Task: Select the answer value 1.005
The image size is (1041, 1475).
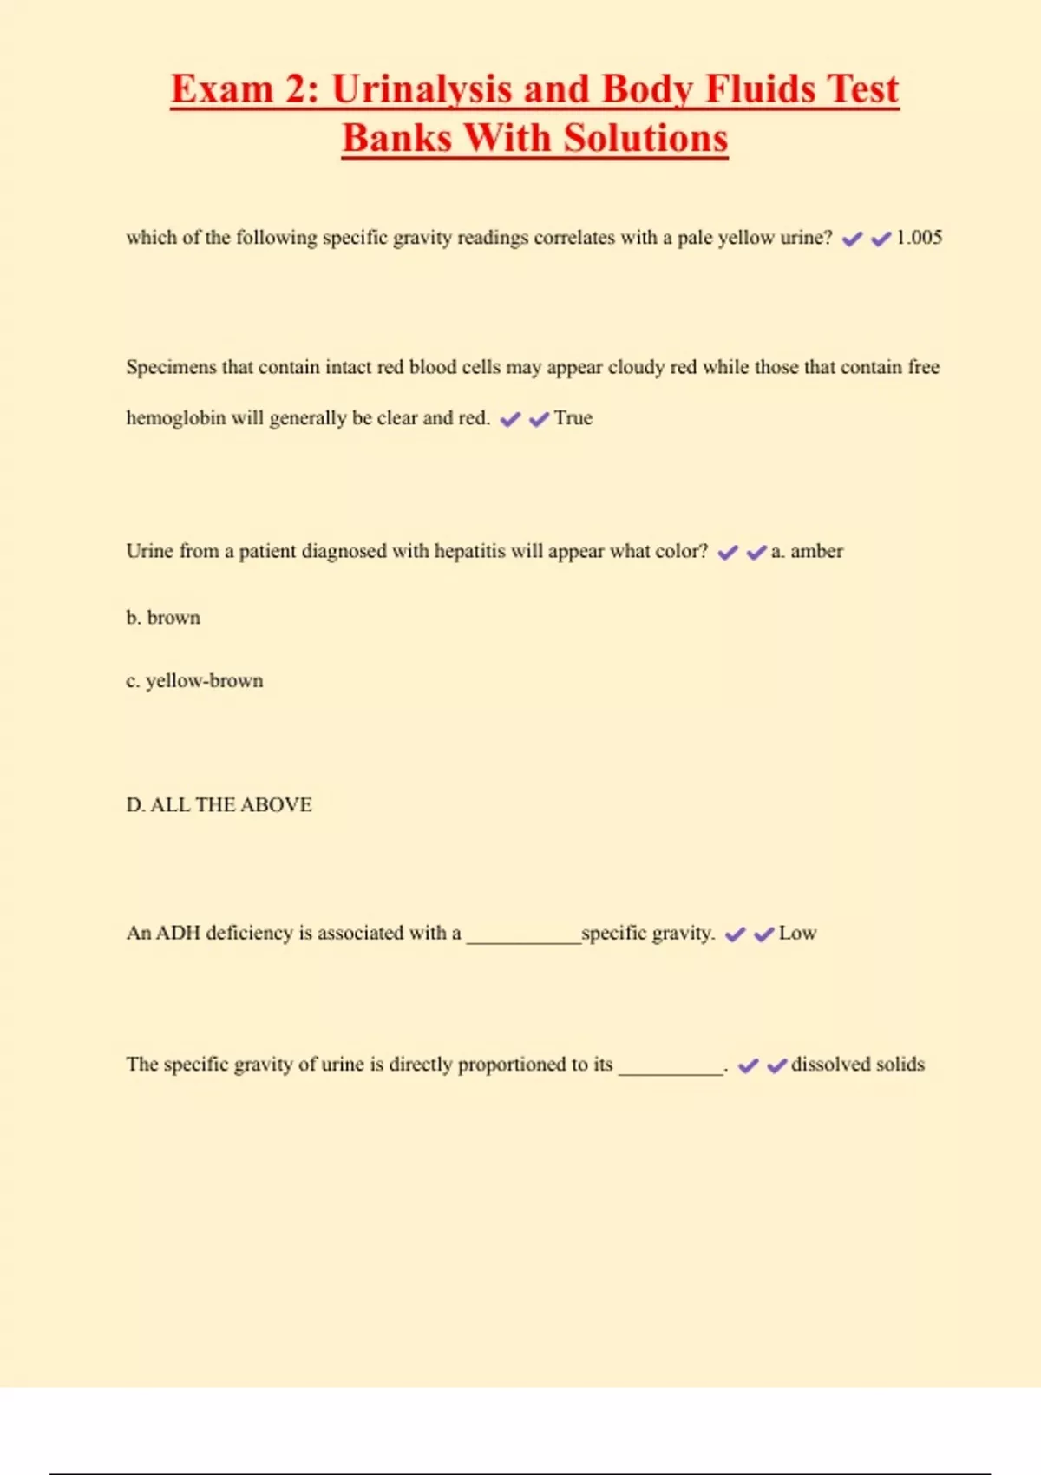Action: [x=919, y=238]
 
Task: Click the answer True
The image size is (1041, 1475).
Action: [x=573, y=418]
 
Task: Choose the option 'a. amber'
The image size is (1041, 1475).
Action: [x=807, y=552]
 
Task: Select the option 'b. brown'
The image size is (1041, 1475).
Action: [x=163, y=618]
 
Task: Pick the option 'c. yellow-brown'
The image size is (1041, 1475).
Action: [x=194, y=681]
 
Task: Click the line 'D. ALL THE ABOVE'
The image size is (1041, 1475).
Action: [x=219, y=805]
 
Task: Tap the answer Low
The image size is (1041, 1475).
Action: [x=797, y=934]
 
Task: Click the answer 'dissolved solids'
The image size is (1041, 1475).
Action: [x=857, y=1065]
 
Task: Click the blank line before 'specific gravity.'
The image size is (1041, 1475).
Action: [x=523, y=940]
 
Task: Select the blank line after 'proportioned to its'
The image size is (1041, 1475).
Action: [x=671, y=1072]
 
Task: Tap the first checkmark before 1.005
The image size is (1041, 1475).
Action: [x=852, y=239]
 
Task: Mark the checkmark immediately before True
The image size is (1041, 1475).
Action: [x=539, y=420]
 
